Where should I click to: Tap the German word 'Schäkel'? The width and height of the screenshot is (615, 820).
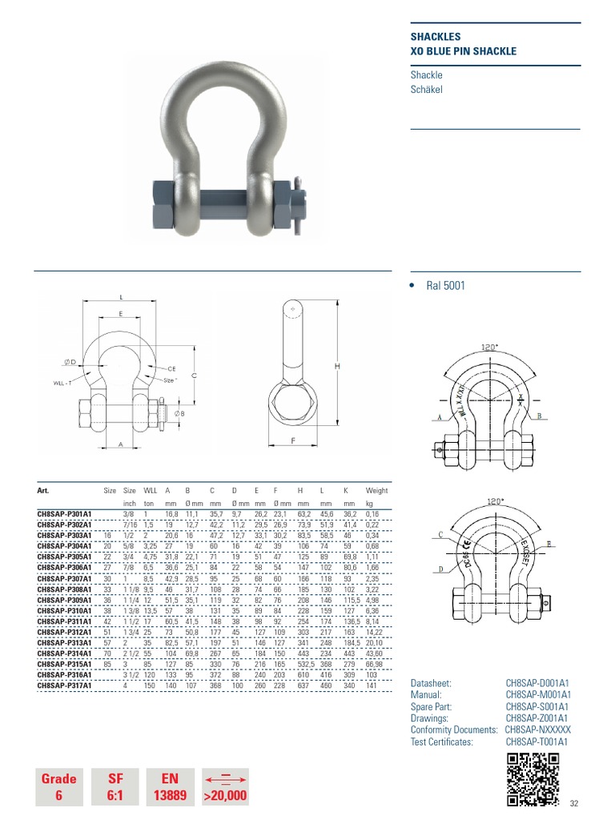click(x=426, y=90)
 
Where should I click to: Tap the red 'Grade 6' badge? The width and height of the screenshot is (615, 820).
click(x=59, y=786)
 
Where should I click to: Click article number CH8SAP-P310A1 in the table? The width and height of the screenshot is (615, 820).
click(x=64, y=611)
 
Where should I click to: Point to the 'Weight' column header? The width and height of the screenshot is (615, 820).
click(x=376, y=491)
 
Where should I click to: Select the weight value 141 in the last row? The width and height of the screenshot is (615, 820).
click(x=371, y=685)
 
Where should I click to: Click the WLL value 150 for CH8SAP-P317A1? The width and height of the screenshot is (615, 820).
click(x=149, y=685)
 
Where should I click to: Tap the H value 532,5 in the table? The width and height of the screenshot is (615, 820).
click(x=305, y=664)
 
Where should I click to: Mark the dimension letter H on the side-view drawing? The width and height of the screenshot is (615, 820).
click(x=338, y=366)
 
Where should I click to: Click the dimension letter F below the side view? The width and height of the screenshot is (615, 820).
click(x=293, y=440)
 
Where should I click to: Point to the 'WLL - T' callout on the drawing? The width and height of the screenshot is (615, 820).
click(x=64, y=384)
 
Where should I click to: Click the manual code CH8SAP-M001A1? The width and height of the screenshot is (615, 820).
click(x=537, y=696)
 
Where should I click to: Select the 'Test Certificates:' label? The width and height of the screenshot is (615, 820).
click(x=441, y=742)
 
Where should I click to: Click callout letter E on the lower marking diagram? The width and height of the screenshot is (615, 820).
click(x=549, y=544)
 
